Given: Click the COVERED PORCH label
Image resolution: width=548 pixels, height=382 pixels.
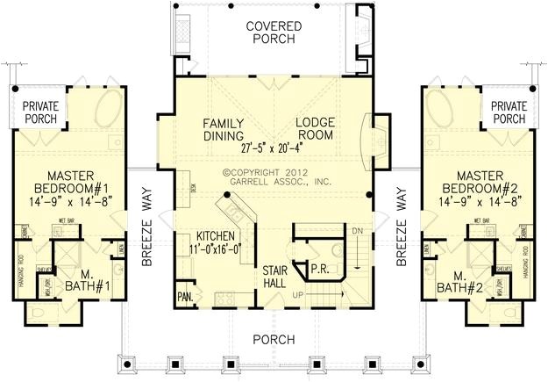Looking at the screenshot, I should [274, 32].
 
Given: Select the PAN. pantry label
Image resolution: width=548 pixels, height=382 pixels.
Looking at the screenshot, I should [185, 296].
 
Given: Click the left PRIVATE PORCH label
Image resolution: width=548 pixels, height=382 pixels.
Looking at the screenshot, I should [39, 112].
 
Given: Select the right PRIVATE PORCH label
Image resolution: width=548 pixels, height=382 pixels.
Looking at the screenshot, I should [509, 112].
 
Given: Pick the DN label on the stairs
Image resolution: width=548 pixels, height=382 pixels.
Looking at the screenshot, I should [356, 231].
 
